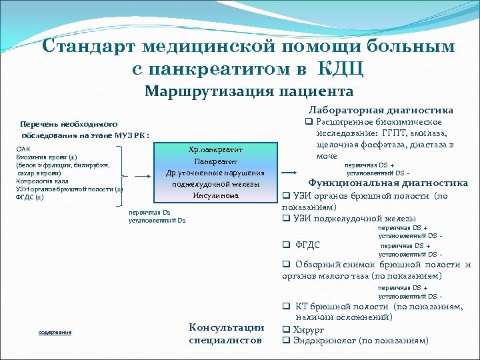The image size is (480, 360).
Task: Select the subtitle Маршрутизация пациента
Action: (x=249, y=91)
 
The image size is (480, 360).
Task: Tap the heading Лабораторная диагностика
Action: (x=381, y=110)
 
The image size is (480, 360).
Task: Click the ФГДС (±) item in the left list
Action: (x=31, y=197)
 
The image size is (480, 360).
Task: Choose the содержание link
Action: (x=55, y=332)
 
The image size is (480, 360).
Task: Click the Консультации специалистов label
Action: (x=227, y=333)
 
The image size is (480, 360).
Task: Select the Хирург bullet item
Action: (x=311, y=329)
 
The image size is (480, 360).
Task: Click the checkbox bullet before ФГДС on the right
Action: (x=285, y=245)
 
